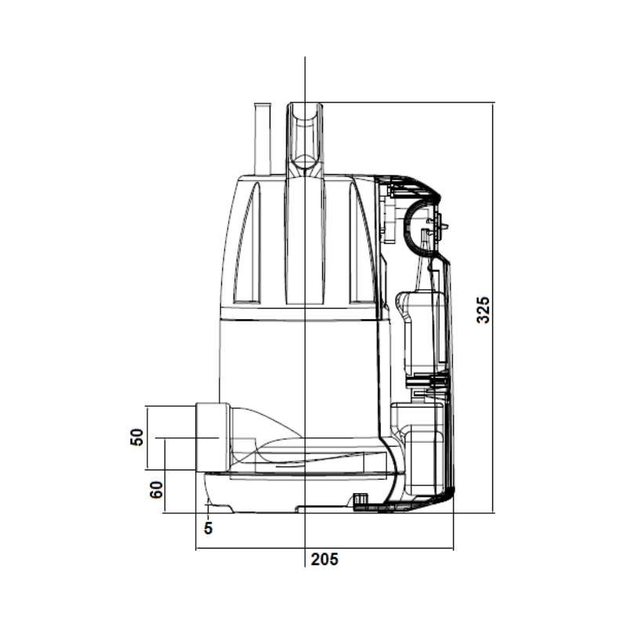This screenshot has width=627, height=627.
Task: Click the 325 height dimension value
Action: [484, 310]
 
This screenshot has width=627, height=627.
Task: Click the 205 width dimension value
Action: [324, 559]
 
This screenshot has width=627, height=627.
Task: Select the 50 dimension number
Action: [136, 437]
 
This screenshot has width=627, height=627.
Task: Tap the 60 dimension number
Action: [156, 489]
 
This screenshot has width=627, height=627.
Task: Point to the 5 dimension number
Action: [208, 528]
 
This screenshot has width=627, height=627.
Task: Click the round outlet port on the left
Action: [212, 437]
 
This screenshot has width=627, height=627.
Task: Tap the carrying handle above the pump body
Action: [305, 140]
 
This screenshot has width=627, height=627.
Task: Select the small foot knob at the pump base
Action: [360, 499]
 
